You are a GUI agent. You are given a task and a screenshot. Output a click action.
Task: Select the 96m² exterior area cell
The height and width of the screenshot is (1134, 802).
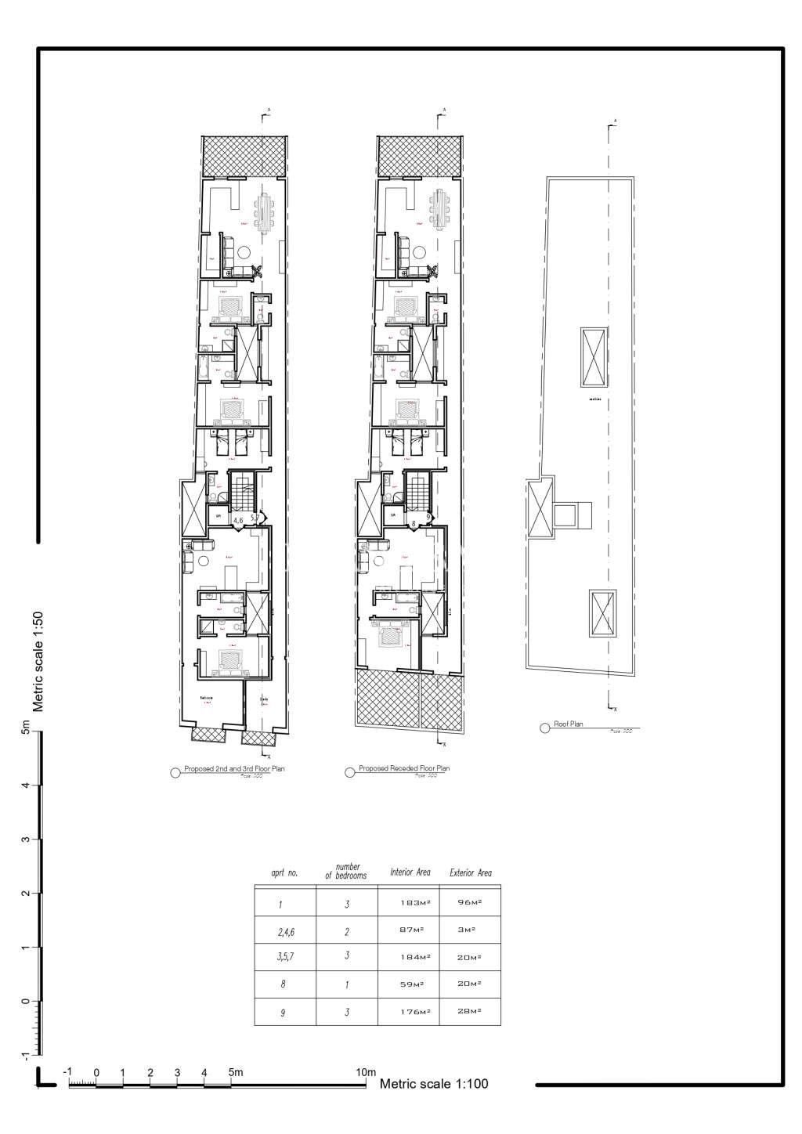pyautogui.click(x=470, y=903)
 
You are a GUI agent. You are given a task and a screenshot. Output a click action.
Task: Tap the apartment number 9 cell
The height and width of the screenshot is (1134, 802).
pyautogui.click(x=282, y=1013)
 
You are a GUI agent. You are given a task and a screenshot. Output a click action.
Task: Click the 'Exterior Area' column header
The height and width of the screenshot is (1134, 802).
pyautogui.click(x=471, y=872)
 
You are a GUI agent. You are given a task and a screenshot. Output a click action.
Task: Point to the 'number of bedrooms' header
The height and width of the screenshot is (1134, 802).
pyautogui.click(x=346, y=871)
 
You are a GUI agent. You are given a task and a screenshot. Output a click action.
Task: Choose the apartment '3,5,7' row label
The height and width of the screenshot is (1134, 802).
pyautogui.click(x=285, y=956)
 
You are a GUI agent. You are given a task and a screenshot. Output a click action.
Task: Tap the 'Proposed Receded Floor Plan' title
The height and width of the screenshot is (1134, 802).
pyautogui.click(x=404, y=769)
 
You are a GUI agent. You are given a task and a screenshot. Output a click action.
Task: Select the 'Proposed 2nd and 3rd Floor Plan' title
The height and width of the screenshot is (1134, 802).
pyautogui.click(x=234, y=769)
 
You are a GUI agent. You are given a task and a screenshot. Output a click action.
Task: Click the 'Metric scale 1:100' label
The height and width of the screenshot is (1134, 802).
pyautogui.click(x=434, y=1084)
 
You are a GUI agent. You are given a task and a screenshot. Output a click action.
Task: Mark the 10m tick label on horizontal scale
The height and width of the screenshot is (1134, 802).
pyautogui.click(x=367, y=1072)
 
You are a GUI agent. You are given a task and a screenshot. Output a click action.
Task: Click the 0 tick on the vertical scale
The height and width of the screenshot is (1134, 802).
pyautogui.click(x=26, y=1002)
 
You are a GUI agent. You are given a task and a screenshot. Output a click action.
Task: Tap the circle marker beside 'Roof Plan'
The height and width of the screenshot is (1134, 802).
pyautogui.click(x=544, y=728)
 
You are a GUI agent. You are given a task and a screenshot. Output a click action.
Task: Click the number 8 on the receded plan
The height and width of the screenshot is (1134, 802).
pyautogui.click(x=413, y=519)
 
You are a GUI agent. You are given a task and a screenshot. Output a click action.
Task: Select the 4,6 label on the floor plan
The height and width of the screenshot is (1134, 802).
pyautogui.click(x=238, y=519)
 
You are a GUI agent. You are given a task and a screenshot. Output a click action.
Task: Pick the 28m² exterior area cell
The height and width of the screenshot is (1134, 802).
pyautogui.click(x=470, y=1012)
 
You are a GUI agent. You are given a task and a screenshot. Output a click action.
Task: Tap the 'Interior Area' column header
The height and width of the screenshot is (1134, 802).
pyautogui.click(x=410, y=872)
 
